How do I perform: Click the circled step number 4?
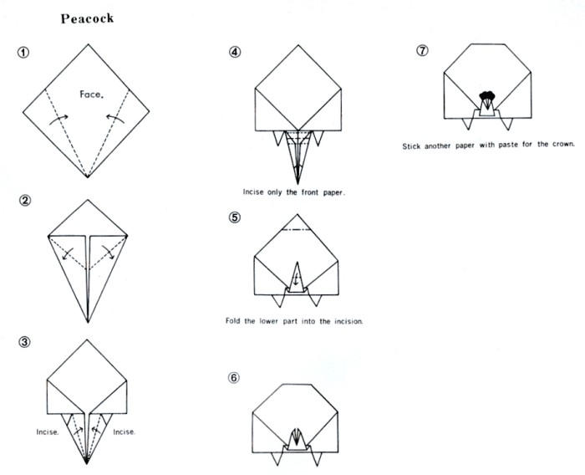click(x=235, y=51)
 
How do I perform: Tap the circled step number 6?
click(x=235, y=377)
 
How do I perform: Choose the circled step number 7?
click(x=422, y=51)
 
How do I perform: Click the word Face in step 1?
click(x=92, y=94)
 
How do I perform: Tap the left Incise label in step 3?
click(x=47, y=432)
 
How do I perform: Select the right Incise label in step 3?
click(x=124, y=432)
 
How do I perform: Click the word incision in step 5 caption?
click(x=344, y=321)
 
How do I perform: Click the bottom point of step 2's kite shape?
click(x=87, y=322)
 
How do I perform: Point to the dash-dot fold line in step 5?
click(x=298, y=229)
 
